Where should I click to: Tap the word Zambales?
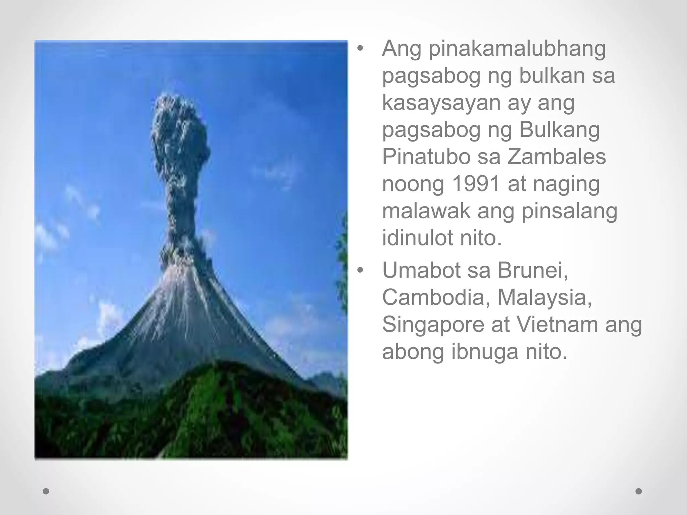pyautogui.click(x=557, y=156)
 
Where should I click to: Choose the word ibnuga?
pyautogui.click(x=484, y=352)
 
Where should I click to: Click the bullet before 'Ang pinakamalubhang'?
pyautogui.click(x=360, y=49)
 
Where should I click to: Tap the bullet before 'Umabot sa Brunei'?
pyautogui.click(x=360, y=270)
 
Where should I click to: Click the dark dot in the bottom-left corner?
pyautogui.click(x=46, y=492)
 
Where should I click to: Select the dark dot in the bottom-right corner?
pyautogui.click(x=639, y=492)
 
